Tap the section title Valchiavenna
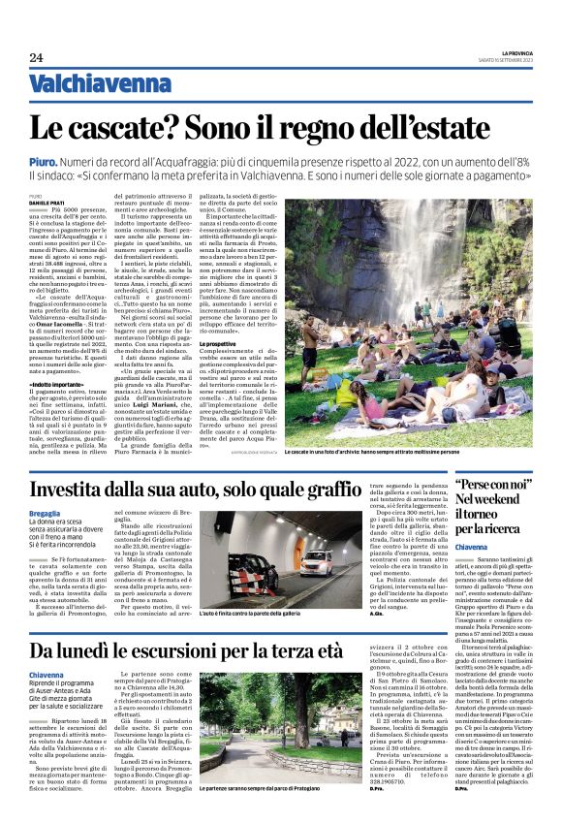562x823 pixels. pos(85,84)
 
